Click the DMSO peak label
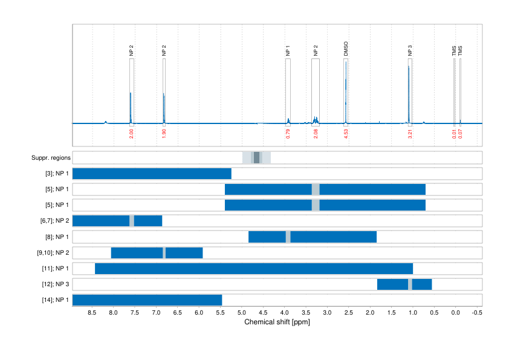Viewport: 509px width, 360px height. coord(346,50)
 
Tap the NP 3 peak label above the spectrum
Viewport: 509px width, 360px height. coord(410,51)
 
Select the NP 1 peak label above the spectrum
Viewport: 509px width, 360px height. coord(288,51)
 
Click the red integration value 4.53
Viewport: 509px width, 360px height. coord(346,134)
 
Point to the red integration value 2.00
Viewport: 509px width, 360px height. coord(131,134)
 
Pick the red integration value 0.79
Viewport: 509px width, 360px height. coord(288,134)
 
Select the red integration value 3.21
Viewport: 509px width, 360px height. coord(410,134)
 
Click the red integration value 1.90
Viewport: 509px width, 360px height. coord(164,134)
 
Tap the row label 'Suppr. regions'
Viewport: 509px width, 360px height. coord(51,158)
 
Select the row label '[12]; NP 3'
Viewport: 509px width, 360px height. coord(54,284)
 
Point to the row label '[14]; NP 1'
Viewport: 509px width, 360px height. coord(54,299)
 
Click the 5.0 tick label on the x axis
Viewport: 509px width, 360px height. coord(242,313)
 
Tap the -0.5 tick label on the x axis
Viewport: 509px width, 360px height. coord(476,313)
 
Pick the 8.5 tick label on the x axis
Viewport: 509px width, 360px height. coord(92,313)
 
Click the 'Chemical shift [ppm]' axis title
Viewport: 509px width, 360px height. coord(277,322)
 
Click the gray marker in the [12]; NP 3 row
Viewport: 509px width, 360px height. coord(410,284)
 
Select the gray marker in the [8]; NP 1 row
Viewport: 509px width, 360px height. coord(288,237)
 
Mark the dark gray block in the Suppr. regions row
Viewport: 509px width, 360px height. coord(256,157)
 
